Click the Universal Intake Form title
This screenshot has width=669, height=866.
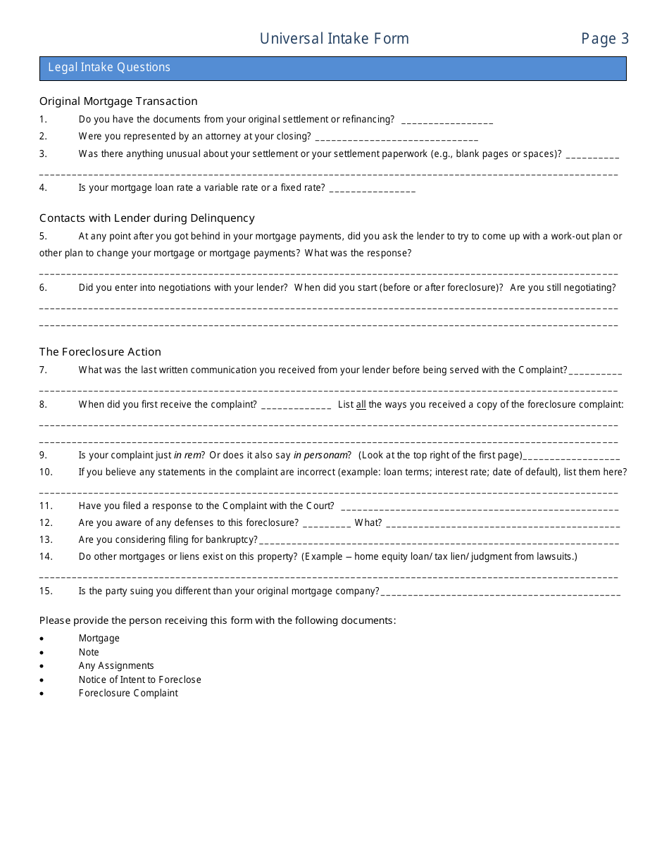click(334, 39)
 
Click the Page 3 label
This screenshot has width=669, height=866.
click(604, 39)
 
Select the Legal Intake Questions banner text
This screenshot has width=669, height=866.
click(109, 68)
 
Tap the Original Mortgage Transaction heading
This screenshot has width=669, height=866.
click(118, 101)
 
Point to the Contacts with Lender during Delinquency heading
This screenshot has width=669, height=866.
click(147, 218)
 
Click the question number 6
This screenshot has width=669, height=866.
click(43, 287)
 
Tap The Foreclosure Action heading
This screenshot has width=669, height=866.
click(100, 352)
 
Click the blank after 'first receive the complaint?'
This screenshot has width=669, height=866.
click(296, 406)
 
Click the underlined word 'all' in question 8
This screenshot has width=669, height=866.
click(361, 405)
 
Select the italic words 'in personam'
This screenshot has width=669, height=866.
click(321, 456)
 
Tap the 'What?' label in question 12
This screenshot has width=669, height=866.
click(368, 522)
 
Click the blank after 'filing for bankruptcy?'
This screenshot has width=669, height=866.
click(439, 541)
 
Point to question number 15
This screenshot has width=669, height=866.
click(46, 591)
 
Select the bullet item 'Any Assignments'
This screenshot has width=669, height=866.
click(116, 665)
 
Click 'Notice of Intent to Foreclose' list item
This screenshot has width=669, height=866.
click(139, 679)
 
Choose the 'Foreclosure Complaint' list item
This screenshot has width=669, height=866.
click(128, 693)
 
